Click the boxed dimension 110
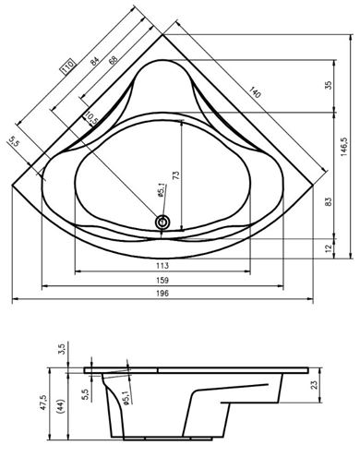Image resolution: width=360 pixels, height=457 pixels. (68, 66)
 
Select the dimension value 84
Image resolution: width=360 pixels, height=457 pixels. (94, 61)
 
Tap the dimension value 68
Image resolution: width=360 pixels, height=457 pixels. (113, 61)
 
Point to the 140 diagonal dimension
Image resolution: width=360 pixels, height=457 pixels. (255, 92)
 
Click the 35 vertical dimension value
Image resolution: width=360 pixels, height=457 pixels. (329, 85)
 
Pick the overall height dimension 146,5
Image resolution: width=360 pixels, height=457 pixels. (344, 146)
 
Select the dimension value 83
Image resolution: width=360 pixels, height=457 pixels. (329, 201)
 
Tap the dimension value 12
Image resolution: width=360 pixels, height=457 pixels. (329, 247)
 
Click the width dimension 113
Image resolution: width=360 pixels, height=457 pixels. (162, 265)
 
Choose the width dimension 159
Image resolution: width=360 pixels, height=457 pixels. (162, 280)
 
